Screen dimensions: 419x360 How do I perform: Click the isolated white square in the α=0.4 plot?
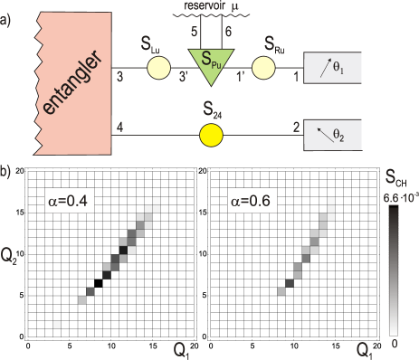(x=58, y=323)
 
